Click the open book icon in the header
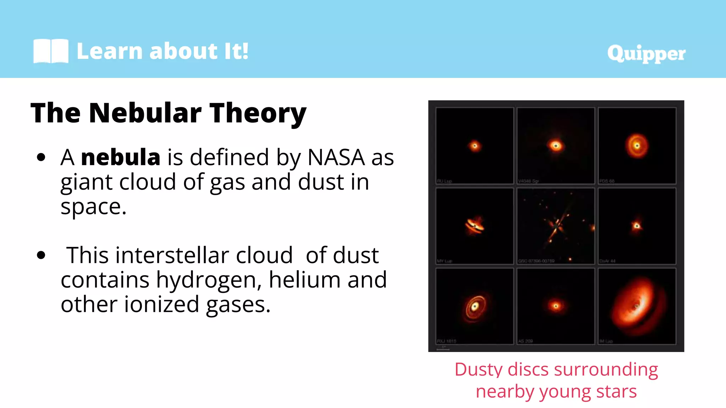tap(51, 51)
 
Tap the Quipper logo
tap(646, 54)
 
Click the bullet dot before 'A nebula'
tap(41, 157)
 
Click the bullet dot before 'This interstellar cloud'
tap(41, 255)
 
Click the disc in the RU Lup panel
tap(474, 146)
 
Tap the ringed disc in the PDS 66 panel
tap(637, 146)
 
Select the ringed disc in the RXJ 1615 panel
tap(474, 306)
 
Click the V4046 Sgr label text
tap(528, 181)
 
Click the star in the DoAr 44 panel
tap(637, 226)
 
